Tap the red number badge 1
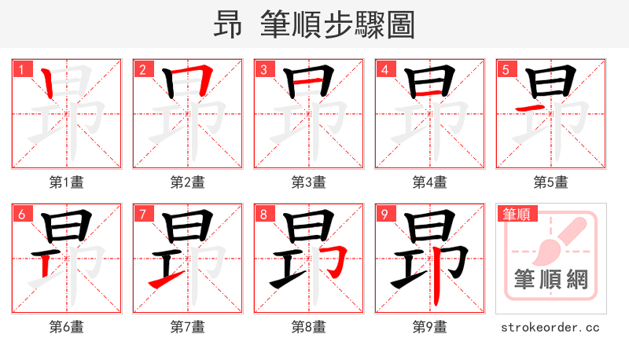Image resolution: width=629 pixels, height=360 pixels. point(21,69)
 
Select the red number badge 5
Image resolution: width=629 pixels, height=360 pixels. point(506,69)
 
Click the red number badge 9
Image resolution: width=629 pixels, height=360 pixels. point(384,214)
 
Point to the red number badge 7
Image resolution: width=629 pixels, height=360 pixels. point(142,214)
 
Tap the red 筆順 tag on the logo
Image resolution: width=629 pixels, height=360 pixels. point(517,213)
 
